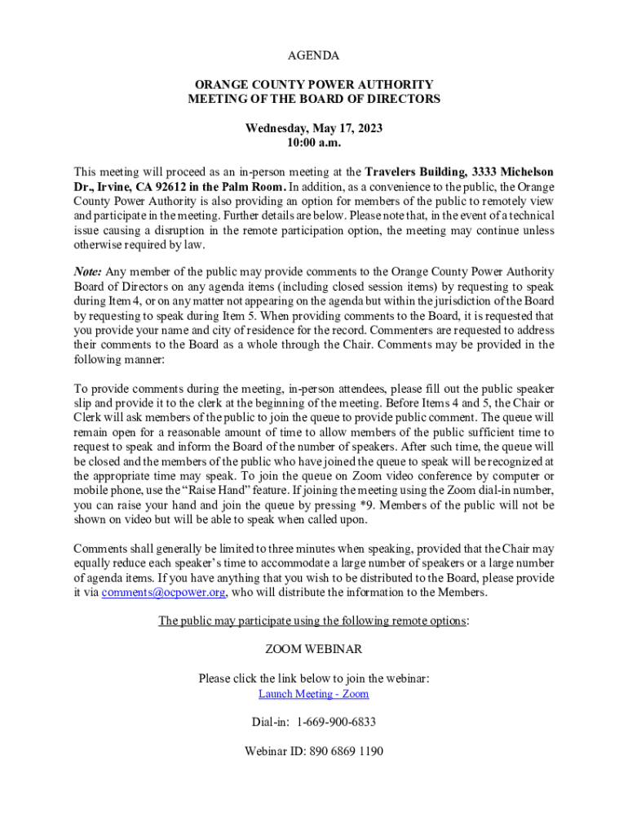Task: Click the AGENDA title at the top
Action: point(314,56)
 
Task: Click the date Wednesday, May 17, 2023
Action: point(314,128)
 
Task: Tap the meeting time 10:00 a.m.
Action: point(314,143)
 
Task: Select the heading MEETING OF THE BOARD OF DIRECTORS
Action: point(314,99)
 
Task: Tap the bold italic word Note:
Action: point(88,272)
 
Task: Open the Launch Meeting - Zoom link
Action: point(314,694)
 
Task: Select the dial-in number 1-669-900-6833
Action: point(336,723)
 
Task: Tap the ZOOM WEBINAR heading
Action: point(314,650)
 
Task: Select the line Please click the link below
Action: point(314,678)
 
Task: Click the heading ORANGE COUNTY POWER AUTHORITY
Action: point(314,84)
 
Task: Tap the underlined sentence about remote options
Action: point(314,621)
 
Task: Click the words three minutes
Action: point(296,549)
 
